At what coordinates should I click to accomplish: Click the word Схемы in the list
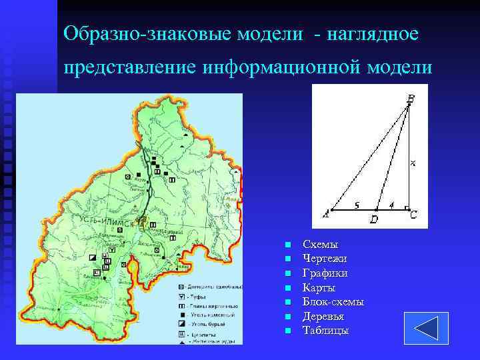pyautogui.click(x=321, y=245)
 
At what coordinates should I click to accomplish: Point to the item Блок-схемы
pyautogui.click(x=333, y=302)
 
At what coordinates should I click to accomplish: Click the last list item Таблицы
pyautogui.click(x=325, y=331)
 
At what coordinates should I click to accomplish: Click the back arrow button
pyautogui.click(x=421, y=328)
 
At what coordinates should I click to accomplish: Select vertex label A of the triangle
pyautogui.click(x=325, y=213)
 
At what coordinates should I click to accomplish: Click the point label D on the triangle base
pyautogui.click(x=374, y=219)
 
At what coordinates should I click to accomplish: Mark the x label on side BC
pyautogui.click(x=413, y=163)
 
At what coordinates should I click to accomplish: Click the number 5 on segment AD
pyautogui.click(x=357, y=205)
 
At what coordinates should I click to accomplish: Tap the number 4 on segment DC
pyautogui.click(x=391, y=205)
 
